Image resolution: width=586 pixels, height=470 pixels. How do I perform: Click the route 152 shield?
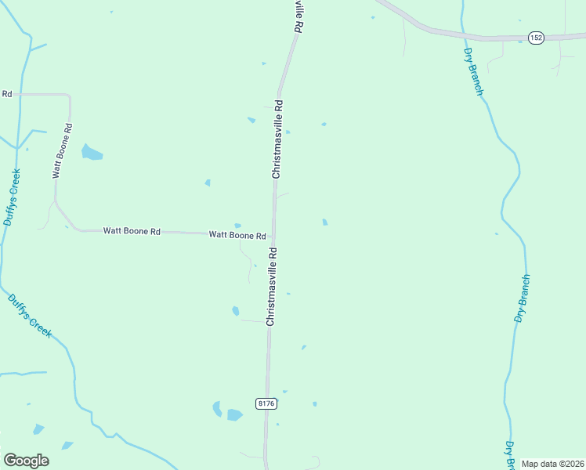coord(536,38)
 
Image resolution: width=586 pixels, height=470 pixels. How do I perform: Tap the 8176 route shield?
coord(266,403)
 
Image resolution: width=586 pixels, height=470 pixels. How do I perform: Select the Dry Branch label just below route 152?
coord(474,71)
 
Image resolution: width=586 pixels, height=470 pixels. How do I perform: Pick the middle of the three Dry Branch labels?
coord(523,298)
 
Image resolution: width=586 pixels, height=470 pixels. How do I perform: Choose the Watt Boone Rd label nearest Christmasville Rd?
coord(237,235)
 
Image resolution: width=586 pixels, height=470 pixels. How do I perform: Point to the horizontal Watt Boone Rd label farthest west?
coord(132,231)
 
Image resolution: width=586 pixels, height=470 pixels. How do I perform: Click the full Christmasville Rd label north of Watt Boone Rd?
coord(277,139)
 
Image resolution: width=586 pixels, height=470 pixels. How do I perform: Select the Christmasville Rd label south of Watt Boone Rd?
coord(271,287)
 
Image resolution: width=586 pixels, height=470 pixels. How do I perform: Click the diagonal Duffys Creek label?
coord(30,315)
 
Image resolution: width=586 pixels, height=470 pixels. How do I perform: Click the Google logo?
coord(26,460)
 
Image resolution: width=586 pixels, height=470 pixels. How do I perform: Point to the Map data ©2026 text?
coord(552,464)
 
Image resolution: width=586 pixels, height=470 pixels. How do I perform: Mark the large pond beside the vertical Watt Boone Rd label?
coord(92,152)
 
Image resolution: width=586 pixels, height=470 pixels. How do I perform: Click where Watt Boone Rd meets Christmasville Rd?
coord(273,235)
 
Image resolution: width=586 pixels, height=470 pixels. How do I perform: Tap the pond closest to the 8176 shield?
coord(234,414)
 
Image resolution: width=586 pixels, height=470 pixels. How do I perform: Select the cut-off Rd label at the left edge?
coord(6,94)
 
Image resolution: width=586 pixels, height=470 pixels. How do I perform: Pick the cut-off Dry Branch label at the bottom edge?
coord(508,457)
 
